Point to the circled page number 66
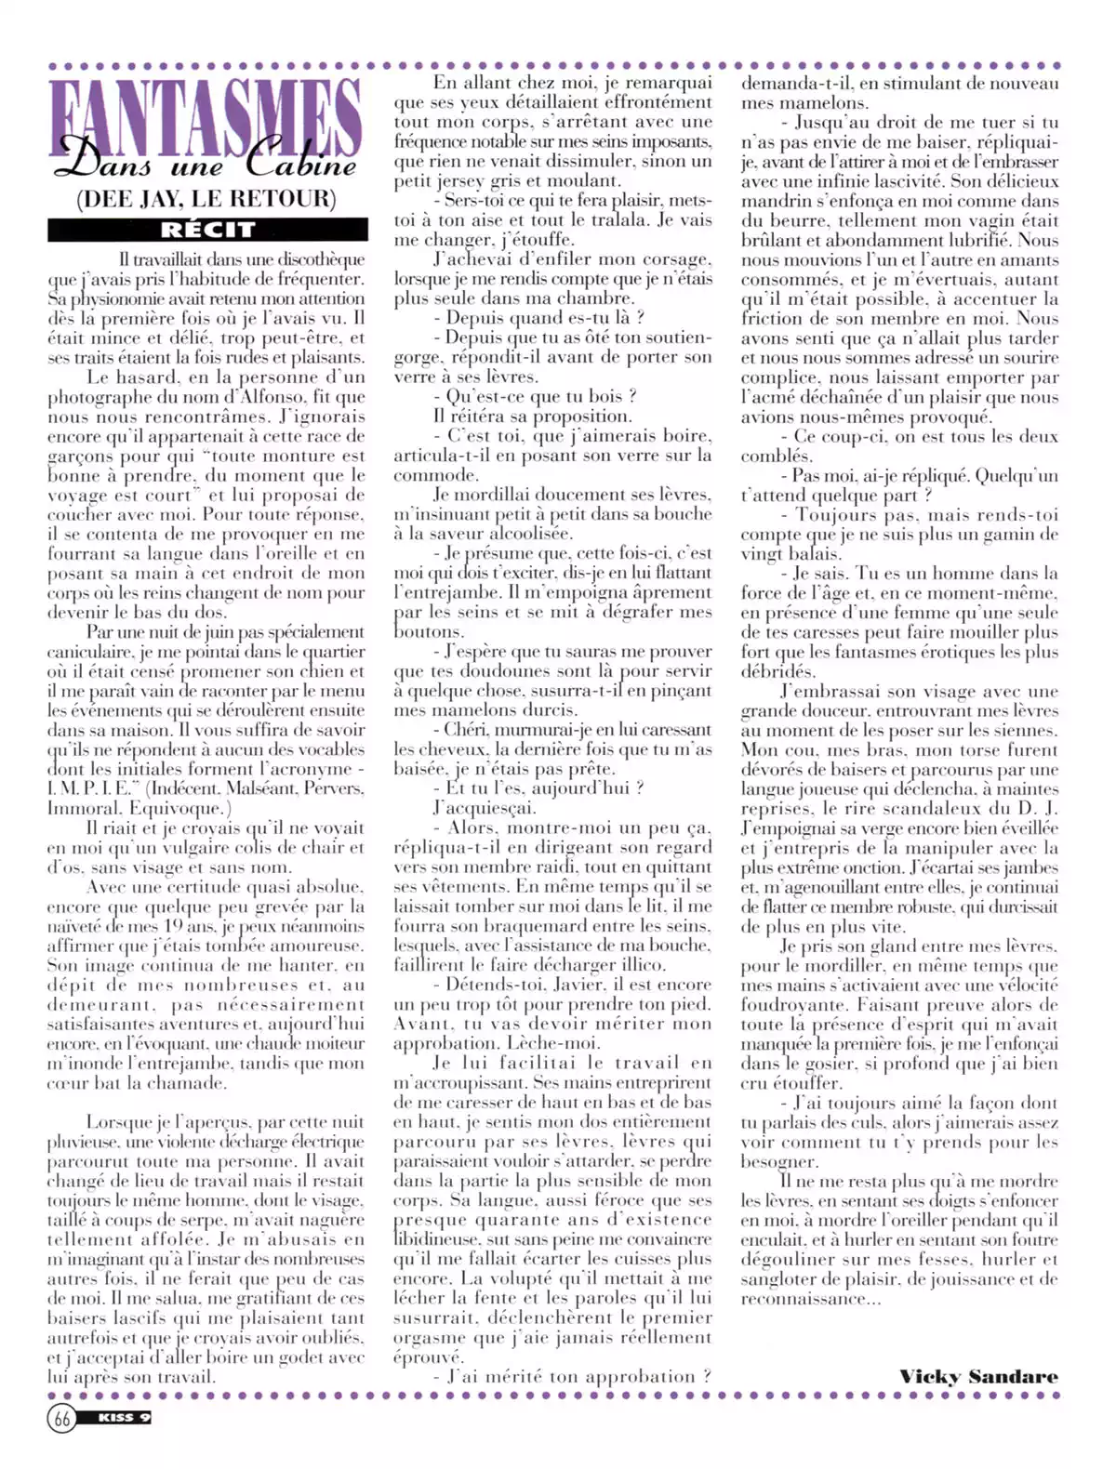62,1419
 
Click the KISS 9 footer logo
125,1419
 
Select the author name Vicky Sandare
978,1377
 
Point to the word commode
429,475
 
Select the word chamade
192,1083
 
